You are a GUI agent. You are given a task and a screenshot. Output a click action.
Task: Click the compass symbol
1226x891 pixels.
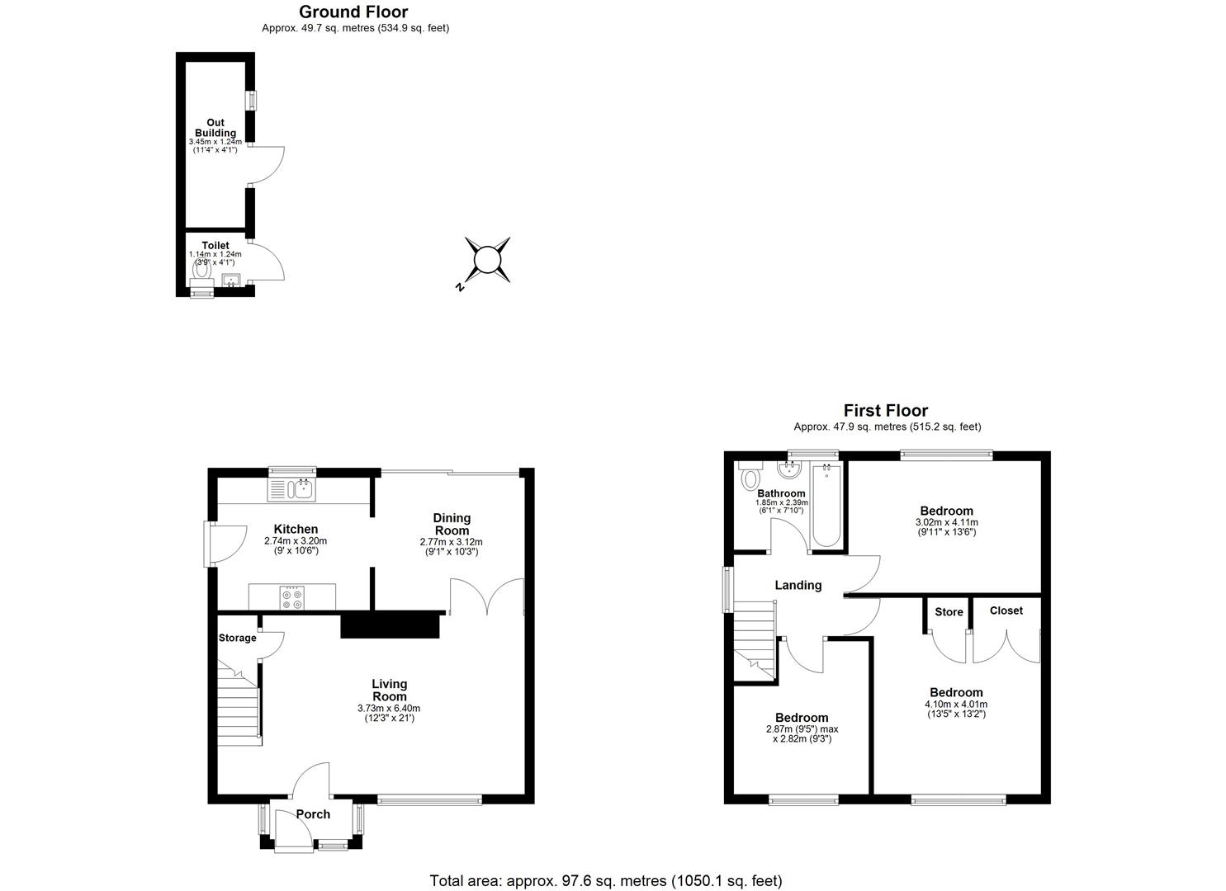pyautogui.click(x=486, y=261)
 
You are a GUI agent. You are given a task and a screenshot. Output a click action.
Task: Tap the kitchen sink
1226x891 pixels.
pyautogui.click(x=291, y=490)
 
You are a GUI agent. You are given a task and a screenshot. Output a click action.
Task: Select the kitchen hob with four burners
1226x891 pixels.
pyautogui.click(x=291, y=597)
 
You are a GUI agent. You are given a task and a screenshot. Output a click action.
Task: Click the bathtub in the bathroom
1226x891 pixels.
pyautogui.click(x=826, y=507)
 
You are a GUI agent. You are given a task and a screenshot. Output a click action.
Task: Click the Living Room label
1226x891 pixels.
pyautogui.click(x=389, y=690)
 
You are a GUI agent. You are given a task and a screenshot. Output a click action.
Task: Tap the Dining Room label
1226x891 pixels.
pyautogui.click(x=452, y=524)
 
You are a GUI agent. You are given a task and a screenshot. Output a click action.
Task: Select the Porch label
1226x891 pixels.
pyautogui.click(x=313, y=814)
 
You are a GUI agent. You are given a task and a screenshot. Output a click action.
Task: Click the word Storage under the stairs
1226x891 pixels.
pyautogui.click(x=237, y=638)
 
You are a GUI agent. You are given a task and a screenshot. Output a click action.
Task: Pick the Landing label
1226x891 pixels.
pyautogui.click(x=798, y=585)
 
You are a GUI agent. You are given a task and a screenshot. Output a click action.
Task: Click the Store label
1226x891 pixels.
pyautogui.click(x=949, y=612)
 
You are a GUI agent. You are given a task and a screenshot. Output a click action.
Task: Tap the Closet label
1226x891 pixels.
pyautogui.click(x=1006, y=610)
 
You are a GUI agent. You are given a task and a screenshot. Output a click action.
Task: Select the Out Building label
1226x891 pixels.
pyautogui.click(x=215, y=128)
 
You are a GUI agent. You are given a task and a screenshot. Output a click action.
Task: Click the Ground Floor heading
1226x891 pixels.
pyautogui.click(x=353, y=12)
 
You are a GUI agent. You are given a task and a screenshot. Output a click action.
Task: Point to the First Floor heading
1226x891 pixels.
pyautogui.click(x=886, y=410)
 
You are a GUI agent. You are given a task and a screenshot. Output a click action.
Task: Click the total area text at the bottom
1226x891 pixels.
pyautogui.click(x=606, y=880)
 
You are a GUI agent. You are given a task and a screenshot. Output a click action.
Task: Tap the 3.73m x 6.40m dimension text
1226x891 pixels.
pyautogui.click(x=389, y=709)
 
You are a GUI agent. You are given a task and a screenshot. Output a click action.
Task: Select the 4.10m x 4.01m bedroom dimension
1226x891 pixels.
pyautogui.click(x=956, y=705)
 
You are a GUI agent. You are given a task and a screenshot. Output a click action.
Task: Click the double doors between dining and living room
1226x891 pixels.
pyautogui.click(x=487, y=596)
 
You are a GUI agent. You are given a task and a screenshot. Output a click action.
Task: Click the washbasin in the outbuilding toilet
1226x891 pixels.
pyautogui.click(x=230, y=280)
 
